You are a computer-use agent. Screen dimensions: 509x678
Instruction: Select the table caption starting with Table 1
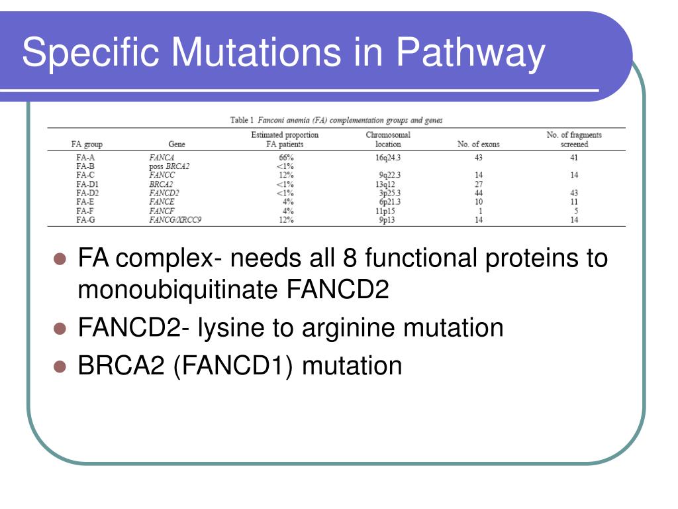tap(336, 120)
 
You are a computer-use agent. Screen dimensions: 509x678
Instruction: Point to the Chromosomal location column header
tap(388, 139)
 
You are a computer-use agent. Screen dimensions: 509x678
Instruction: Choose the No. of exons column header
tap(478, 144)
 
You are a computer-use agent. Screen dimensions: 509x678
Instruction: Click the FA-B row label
tap(85, 166)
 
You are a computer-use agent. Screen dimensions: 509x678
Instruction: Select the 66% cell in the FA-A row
tap(285, 158)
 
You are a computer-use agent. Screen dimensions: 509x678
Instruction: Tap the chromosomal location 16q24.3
tap(388, 158)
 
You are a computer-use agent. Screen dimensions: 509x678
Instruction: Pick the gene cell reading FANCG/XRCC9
tap(175, 220)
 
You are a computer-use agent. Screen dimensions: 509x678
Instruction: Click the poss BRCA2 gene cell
tap(169, 166)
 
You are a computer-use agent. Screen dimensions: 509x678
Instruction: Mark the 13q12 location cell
tap(385, 184)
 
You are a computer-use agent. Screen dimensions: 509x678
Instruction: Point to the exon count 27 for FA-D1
tap(478, 184)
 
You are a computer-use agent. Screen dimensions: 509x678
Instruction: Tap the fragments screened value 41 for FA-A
tap(574, 158)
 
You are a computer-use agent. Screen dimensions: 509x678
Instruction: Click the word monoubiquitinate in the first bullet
tap(180, 290)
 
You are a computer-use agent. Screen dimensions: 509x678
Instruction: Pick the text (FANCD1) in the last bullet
tap(233, 365)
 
